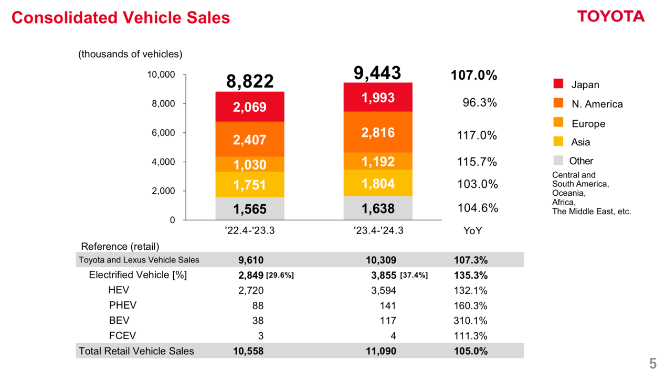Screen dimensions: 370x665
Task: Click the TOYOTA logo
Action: [610, 16]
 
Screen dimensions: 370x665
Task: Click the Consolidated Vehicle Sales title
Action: [121, 18]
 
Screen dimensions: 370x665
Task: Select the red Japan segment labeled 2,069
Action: [250, 107]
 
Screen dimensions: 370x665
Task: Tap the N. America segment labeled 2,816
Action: [378, 132]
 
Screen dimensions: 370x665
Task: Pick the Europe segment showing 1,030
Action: [250, 165]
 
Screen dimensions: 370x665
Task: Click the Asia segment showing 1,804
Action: [378, 184]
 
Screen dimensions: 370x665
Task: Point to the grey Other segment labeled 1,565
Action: [250, 209]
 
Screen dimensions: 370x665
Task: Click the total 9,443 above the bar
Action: [377, 73]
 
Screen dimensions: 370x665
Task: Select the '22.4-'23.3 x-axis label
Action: [250, 230]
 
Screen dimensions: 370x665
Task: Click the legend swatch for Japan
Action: [558, 84]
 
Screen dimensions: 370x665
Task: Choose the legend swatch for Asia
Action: [558, 141]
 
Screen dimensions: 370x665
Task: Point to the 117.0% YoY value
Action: [477, 135]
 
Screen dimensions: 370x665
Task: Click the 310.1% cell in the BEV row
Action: [471, 321]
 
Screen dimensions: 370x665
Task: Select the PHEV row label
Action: [123, 305]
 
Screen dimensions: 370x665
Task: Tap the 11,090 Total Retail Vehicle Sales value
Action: [381, 351]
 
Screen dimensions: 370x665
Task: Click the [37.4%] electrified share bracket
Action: [414, 276]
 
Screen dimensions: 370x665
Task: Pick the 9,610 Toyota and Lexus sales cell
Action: [251, 260]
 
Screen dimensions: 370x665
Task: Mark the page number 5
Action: [653, 363]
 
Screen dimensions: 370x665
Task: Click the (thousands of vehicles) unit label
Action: [130, 54]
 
